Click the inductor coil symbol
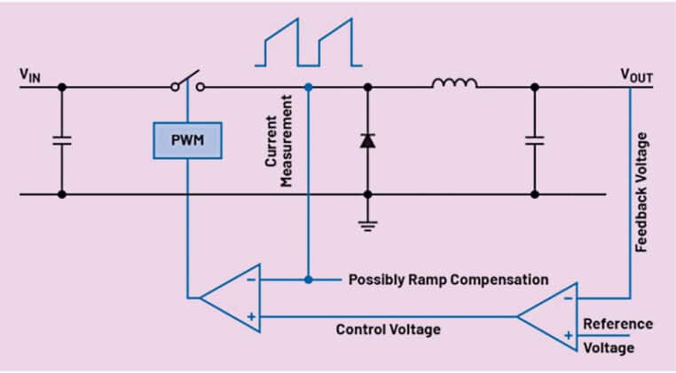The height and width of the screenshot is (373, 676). pos(454,83)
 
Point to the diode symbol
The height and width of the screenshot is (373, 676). pos(367,140)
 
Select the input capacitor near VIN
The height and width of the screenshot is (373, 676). pos(61,140)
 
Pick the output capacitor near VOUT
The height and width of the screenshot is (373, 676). pos(533,140)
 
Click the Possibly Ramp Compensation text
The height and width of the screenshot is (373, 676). pos(448,279)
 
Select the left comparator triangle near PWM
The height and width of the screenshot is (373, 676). pos(230,298)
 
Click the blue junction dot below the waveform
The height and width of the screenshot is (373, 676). pos(308,87)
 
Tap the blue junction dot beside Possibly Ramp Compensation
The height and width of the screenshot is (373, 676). pos(308,279)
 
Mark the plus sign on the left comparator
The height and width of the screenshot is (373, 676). pos(252,314)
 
